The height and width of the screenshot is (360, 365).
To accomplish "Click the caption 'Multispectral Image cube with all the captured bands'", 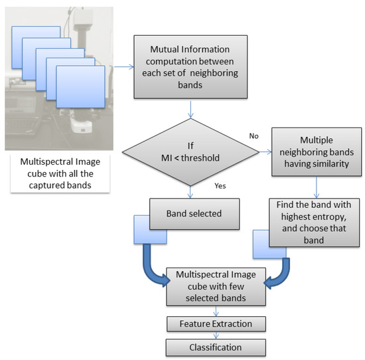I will click(60, 174).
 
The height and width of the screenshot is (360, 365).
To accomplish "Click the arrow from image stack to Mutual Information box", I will click(123, 66).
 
